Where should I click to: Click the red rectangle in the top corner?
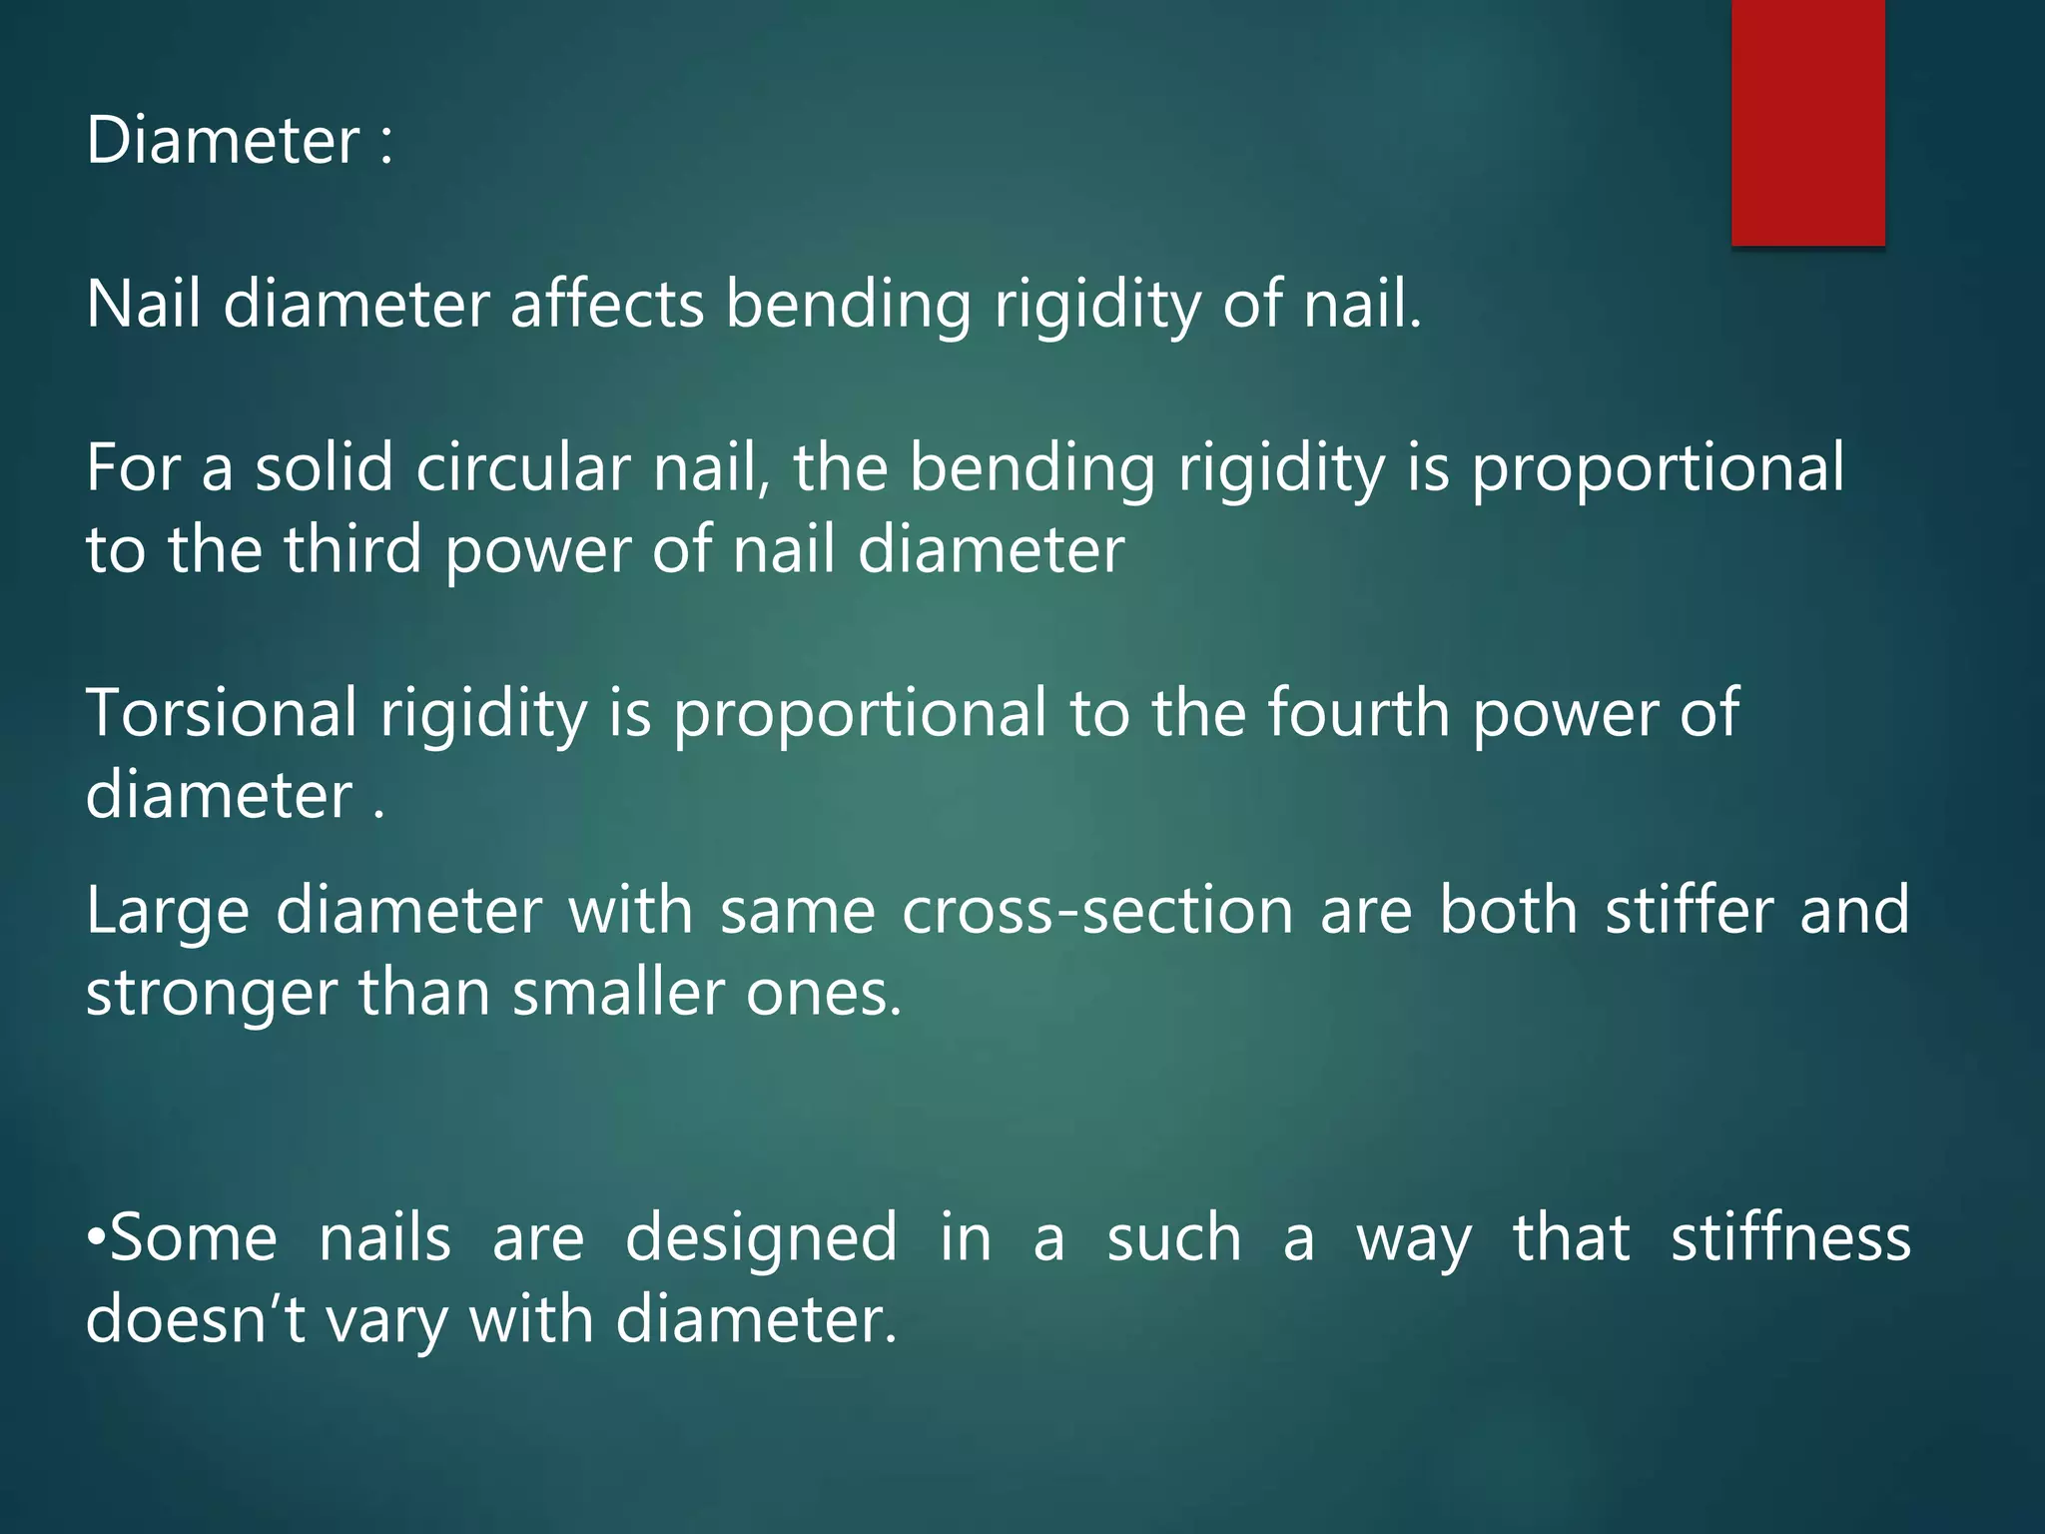[x=1807, y=122]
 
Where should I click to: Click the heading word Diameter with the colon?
[x=240, y=141]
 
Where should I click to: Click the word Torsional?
[x=221, y=713]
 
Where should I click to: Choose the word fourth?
[x=1358, y=713]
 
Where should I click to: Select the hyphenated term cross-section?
[x=1097, y=911]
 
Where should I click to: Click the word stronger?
[x=212, y=995]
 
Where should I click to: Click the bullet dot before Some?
[x=96, y=1239]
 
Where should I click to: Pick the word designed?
[x=761, y=1238]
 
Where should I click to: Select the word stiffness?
[x=1790, y=1238]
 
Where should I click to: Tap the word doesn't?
[x=196, y=1320]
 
